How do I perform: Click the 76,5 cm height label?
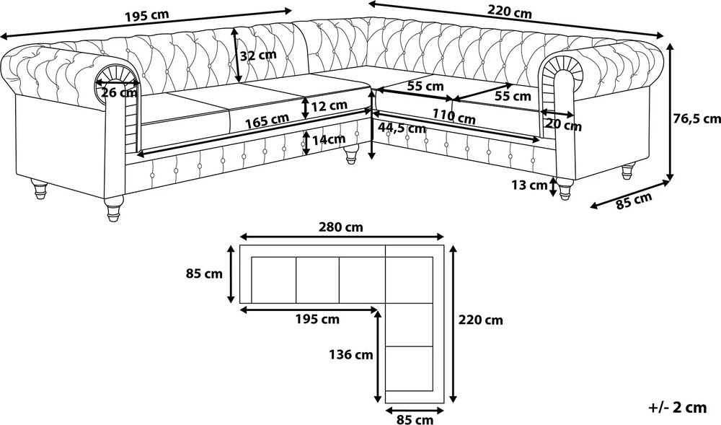(x=697, y=118)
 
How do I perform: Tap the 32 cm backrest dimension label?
(x=258, y=55)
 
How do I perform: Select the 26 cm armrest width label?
(x=119, y=92)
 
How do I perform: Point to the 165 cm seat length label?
(x=267, y=121)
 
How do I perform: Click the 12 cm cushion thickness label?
(x=329, y=106)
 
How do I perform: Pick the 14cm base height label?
(x=329, y=139)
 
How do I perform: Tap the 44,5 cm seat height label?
(x=402, y=128)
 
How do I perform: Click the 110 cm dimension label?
(x=454, y=116)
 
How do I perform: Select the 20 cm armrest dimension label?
(x=564, y=125)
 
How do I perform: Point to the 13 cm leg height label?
(x=529, y=185)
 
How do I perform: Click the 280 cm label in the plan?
(x=341, y=227)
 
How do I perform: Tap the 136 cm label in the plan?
(x=351, y=354)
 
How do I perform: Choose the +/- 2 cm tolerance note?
(x=677, y=407)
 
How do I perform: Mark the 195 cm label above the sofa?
(x=147, y=16)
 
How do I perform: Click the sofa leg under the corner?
(x=351, y=154)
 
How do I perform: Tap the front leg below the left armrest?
(x=114, y=209)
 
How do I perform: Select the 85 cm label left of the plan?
(x=204, y=273)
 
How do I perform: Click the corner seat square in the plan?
(x=410, y=280)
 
